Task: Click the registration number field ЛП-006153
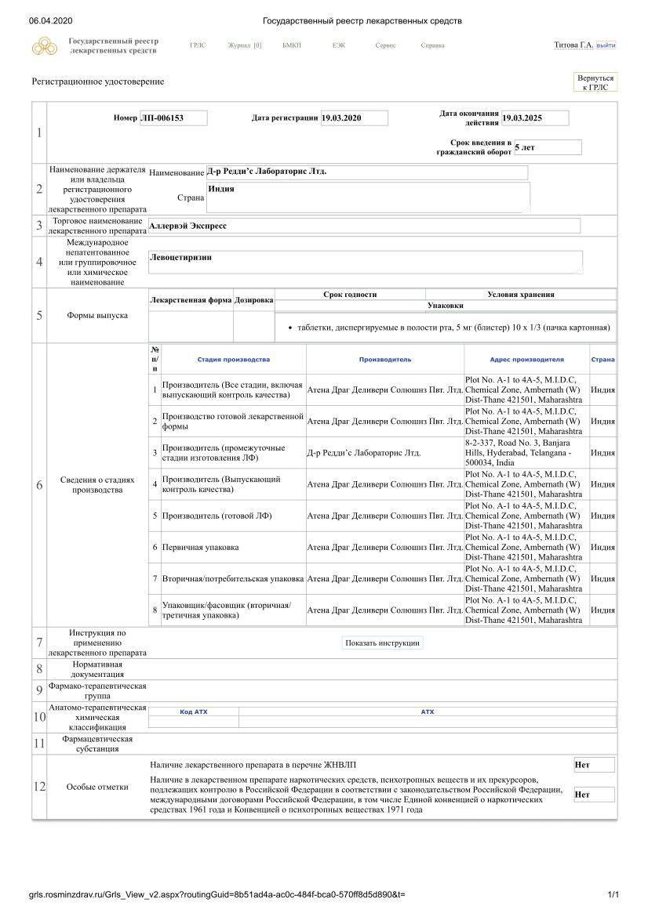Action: pos(173,118)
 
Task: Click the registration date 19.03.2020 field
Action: pos(354,118)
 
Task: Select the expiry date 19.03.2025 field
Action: pos(534,118)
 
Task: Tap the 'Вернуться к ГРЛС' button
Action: pos(595,82)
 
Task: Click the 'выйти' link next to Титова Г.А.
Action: pos(606,45)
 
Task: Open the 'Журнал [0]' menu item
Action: pos(244,45)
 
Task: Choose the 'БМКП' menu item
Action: pos(292,45)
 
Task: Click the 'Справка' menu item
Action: pos(432,45)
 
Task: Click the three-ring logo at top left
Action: pos(46,46)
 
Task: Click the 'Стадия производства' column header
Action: pos(233,360)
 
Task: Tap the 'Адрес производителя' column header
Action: pos(526,360)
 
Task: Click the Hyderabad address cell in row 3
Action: pos(525,453)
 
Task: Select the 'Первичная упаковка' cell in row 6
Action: pos(201,547)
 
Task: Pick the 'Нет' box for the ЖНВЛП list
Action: pos(594,766)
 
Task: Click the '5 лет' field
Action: pos(547,147)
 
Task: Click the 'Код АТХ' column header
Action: pos(194,711)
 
